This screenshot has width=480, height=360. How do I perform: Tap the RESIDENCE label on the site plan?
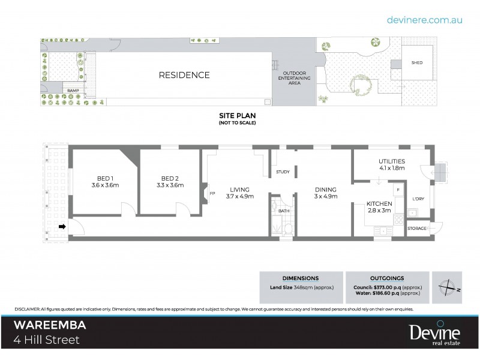(184, 76)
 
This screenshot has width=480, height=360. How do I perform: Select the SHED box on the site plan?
(416, 62)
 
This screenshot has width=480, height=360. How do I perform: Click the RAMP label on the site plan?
(73, 91)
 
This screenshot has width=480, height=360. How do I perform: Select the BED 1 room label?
(106, 178)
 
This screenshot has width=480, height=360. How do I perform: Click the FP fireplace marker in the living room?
(212, 193)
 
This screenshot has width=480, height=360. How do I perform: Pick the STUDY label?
(283, 172)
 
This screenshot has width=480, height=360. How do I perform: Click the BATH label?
(284, 211)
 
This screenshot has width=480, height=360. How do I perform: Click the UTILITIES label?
(392, 161)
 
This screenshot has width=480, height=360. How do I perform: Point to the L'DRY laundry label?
(418, 198)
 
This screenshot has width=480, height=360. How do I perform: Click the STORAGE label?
(417, 229)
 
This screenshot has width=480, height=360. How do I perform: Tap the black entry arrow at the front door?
(62, 227)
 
